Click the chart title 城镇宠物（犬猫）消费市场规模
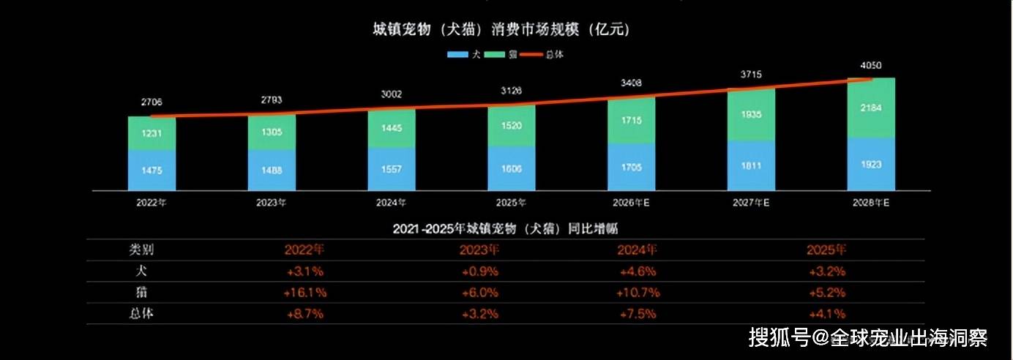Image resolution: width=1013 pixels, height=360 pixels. pyautogui.click(x=501, y=30)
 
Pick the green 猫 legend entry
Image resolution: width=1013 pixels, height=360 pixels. pyautogui.click(x=502, y=54)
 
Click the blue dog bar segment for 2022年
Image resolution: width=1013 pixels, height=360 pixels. pyautogui.click(x=152, y=170)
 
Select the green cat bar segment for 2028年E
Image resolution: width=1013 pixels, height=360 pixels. pyautogui.click(x=871, y=108)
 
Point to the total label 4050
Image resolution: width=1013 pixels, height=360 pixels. pyautogui.click(x=870, y=65)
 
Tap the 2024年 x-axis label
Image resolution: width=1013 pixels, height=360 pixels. pyautogui.click(x=391, y=203)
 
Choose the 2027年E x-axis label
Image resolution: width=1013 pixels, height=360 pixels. pyautogui.click(x=751, y=203)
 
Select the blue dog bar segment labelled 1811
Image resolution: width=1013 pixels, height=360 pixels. pyautogui.click(x=751, y=165)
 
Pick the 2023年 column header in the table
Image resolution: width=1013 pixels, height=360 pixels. pyautogui.click(x=479, y=250)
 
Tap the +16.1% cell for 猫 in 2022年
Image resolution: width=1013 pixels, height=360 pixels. pyautogui.click(x=304, y=293)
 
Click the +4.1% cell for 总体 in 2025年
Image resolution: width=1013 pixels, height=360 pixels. pyautogui.click(x=827, y=314)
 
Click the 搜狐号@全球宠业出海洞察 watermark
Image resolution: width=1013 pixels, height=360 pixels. pyautogui.click(x=868, y=337)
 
